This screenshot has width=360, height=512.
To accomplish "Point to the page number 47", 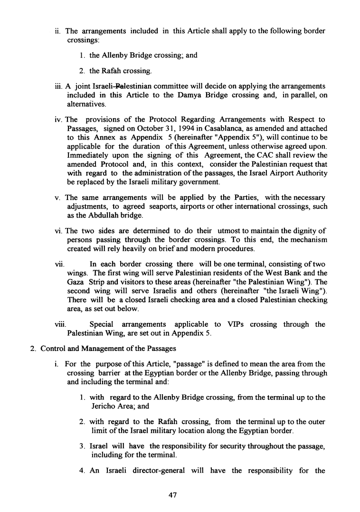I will (x=173, y=494).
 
